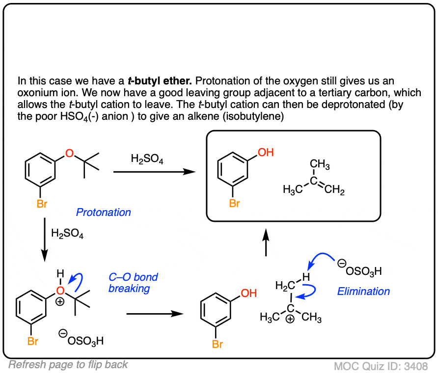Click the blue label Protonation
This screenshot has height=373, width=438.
[x=103, y=213]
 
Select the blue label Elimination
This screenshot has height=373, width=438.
[x=363, y=291]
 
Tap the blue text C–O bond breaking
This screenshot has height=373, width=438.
[x=133, y=283]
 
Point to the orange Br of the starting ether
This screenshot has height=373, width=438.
[x=42, y=203]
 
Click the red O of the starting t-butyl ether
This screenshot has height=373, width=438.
[x=69, y=154]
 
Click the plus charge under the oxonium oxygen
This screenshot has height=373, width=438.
[x=60, y=302]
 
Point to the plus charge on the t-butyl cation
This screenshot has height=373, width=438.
[x=290, y=320]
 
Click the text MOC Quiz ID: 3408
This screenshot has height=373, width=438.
[x=381, y=366]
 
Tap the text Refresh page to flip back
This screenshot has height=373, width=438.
[x=68, y=364]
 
